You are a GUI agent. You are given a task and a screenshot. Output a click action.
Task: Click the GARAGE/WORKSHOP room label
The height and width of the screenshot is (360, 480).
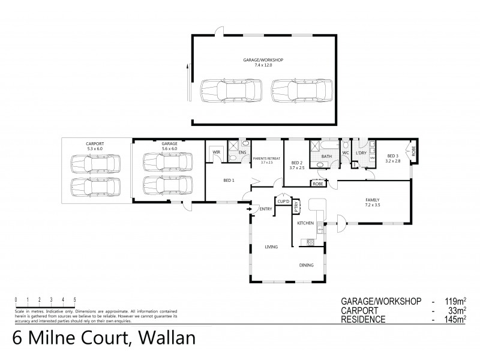pyautogui.click(x=262, y=60)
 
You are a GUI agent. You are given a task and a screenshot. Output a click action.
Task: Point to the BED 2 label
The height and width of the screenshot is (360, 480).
pyautogui.click(x=296, y=163)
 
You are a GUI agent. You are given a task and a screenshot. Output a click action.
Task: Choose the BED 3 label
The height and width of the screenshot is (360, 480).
pyautogui.click(x=393, y=154)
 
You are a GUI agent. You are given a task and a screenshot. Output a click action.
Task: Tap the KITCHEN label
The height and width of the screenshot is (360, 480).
pyautogui.click(x=306, y=223)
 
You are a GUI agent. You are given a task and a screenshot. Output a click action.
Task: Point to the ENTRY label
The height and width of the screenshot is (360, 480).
pyautogui.click(x=266, y=209)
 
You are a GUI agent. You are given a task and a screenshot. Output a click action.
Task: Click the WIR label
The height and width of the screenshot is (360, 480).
pyautogui.click(x=215, y=153)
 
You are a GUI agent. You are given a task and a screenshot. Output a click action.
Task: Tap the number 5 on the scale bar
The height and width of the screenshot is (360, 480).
pyautogui.click(x=74, y=299)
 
